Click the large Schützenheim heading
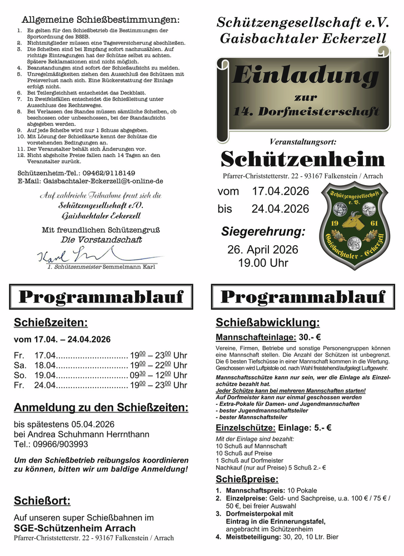[302, 160]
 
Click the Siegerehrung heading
[263, 231]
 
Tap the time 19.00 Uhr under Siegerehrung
[263, 262]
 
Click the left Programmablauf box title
[101, 297]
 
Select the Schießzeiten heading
[51, 323]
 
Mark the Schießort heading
[42, 501]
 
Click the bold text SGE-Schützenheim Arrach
[74, 528]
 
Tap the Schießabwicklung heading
[267, 323]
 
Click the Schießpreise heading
[247, 479]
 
